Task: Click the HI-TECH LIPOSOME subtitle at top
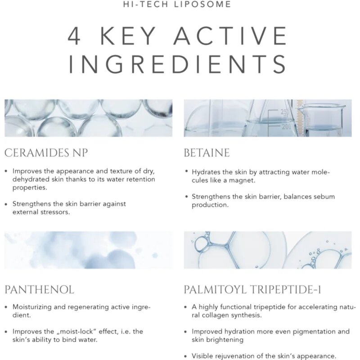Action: (x=177, y=4)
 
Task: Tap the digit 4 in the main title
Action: (x=74, y=36)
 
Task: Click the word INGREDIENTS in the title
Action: (x=177, y=64)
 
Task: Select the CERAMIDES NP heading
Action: (x=46, y=153)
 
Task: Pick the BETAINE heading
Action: (x=207, y=153)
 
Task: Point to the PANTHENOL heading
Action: (x=39, y=290)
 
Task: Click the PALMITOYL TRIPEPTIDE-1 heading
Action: (x=252, y=290)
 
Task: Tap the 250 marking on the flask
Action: (x=284, y=112)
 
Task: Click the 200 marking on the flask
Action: (x=286, y=126)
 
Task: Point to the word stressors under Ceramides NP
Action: (x=55, y=212)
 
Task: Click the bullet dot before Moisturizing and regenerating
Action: (x=6, y=307)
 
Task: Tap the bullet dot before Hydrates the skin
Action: (x=187, y=171)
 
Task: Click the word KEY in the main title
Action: (x=128, y=36)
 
